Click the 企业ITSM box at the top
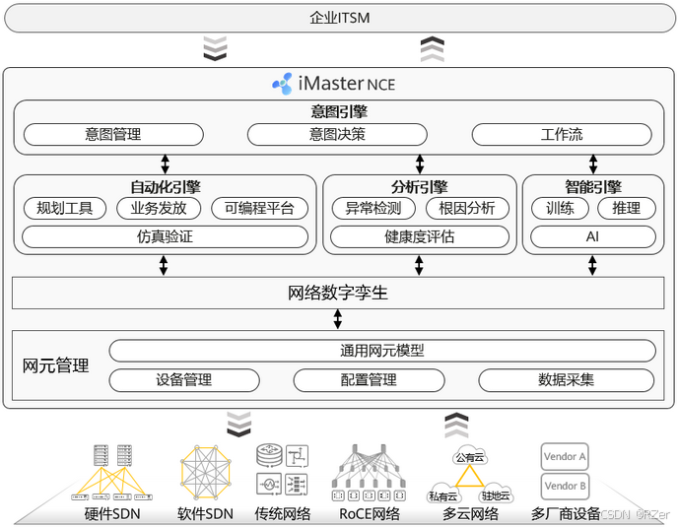(338, 18)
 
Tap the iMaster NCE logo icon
(283, 85)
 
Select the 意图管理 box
(113, 135)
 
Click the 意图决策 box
(337, 135)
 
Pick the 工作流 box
(562, 135)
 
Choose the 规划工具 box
(64, 208)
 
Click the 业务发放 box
(158, 208)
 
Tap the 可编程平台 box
(259, 208)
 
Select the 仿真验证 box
(165, 236)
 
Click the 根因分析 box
(467, 208)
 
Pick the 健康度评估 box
(420, 236)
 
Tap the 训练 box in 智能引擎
(560, 208)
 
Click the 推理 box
(626, 208)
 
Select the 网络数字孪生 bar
(338, 293)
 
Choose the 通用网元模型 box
(381, 351)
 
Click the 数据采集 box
(567, 380)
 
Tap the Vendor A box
(565, 456)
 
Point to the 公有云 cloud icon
(469, 457)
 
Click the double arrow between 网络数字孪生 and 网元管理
(338, 319)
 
